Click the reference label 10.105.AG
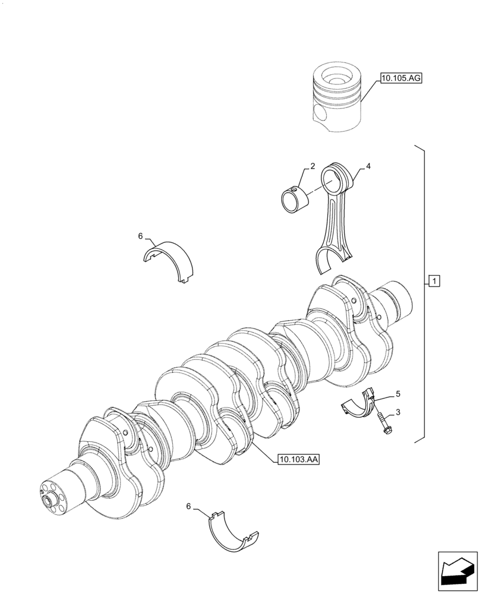(402, 78)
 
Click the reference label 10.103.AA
(298, 459)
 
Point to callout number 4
(368, 167)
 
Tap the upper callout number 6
(141, 236)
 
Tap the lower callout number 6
(189, 506)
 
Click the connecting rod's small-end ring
(337, 178)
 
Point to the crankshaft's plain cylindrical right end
(398, 300)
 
